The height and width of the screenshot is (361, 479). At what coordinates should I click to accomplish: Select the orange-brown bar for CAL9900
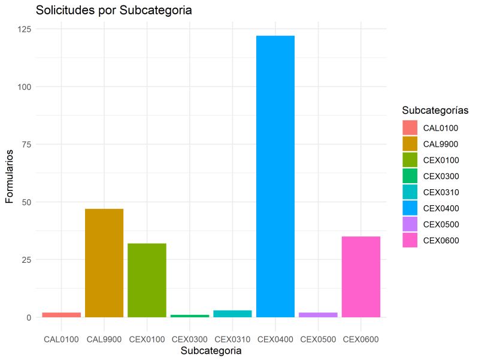pyautogui.click(x=104, y=263)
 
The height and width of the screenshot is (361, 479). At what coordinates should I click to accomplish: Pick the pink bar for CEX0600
pyautogui.click(x=361, y=277)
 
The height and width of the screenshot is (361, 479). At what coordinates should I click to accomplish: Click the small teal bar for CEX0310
pyautogui.click(x=232, y=314)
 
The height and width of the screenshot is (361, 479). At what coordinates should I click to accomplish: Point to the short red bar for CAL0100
pyautogui.click(x=61, y=315)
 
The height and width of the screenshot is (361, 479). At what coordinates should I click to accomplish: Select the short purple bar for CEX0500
pyautogui.click(x=318, y=315)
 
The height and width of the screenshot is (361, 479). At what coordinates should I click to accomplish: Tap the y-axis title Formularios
pyautogui.click(x=10, y=173)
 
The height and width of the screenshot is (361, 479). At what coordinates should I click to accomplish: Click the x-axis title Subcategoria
pyautogui.click(x=211, y=351)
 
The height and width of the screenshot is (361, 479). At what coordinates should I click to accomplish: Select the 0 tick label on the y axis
pyautogui.click(x=28, y=317)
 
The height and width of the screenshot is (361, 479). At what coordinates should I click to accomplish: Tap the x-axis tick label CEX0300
pyautogui.click(x=189, y=339)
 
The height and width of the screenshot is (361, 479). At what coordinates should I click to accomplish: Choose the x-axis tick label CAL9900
pyautogui.click(x=104, y=339)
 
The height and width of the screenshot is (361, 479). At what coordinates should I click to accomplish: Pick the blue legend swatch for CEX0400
pyautogui.click(x=410, y=208)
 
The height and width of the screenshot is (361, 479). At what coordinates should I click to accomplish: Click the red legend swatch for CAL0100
pyautogui.click(x=410, y=128)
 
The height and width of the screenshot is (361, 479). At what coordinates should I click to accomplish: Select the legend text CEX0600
pyautogui.click(x=441, y=241)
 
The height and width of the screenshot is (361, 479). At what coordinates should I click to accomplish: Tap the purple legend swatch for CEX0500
pyautogui.click(x=410, y=225)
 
